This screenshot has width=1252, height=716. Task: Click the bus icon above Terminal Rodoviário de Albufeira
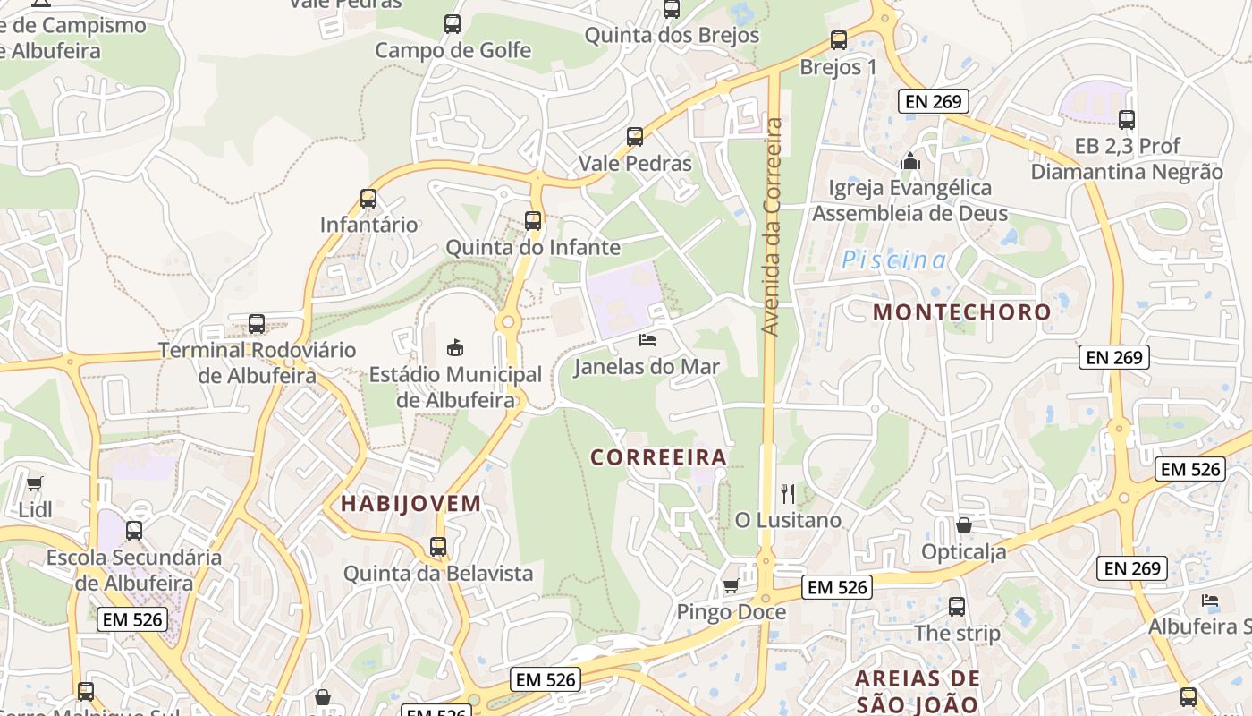(x=257, y=324)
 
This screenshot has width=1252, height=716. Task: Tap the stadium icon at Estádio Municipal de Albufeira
(x=454, y=347)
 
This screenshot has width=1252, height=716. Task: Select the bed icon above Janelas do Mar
(x=647, y=340)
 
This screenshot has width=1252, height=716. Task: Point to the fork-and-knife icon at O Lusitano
(x=788, y=493)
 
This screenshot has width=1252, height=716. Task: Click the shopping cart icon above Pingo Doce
(x=731, y=586)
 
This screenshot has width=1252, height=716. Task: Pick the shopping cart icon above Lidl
(x=35, y=484)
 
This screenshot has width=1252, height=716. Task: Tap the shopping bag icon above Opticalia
(x=964, y=525)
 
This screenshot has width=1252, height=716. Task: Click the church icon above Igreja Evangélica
(x=910, y=162)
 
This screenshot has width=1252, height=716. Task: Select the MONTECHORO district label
(x=961, y=312)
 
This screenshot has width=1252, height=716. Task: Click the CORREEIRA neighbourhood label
(x=658, y=458)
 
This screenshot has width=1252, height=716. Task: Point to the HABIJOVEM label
(x=411, y=504)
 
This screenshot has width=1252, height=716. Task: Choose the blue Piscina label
(x=893, y=260)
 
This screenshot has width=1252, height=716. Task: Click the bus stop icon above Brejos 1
(x=838, y=40)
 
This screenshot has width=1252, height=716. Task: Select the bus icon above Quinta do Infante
(x=533, y=220)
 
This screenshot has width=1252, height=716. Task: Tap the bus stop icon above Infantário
(x=368, y=199)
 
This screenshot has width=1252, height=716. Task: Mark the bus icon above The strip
(x=957, y=607)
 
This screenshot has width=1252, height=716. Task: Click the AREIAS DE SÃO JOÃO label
(x=918, y=691)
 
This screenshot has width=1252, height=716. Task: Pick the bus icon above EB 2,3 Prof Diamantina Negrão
(x=1127, y=120)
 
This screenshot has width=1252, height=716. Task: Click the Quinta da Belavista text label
(x=438, y=574)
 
